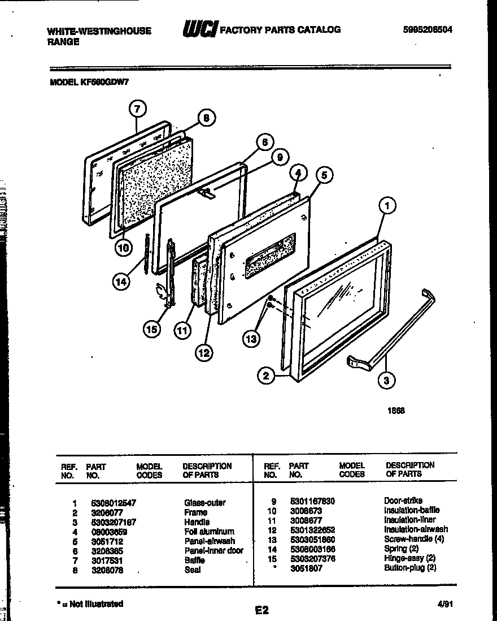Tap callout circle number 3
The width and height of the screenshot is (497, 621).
click(x=386, y=381)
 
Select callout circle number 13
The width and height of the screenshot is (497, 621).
click(x=252, y=338)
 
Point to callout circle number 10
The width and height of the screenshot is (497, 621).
click(x=124, y=247)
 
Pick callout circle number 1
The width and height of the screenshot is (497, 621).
click(x=387, y=206)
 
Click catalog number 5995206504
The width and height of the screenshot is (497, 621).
click(x=428, y=30)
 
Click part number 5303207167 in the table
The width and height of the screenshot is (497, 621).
click(x=113, y=522)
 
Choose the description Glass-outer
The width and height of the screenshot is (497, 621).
click(x=204, y=503)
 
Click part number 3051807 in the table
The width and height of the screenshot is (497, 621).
click(x=306, y=568)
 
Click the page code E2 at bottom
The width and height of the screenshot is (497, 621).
click(x=261, y=610)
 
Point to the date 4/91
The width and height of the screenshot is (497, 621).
click(x=445, y=604)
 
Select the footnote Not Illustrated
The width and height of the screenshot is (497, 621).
click(x=93, y=604)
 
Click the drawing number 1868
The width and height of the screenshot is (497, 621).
click(x=396, y=411)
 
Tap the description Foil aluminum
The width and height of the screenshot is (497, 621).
click(x=208, y=532)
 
